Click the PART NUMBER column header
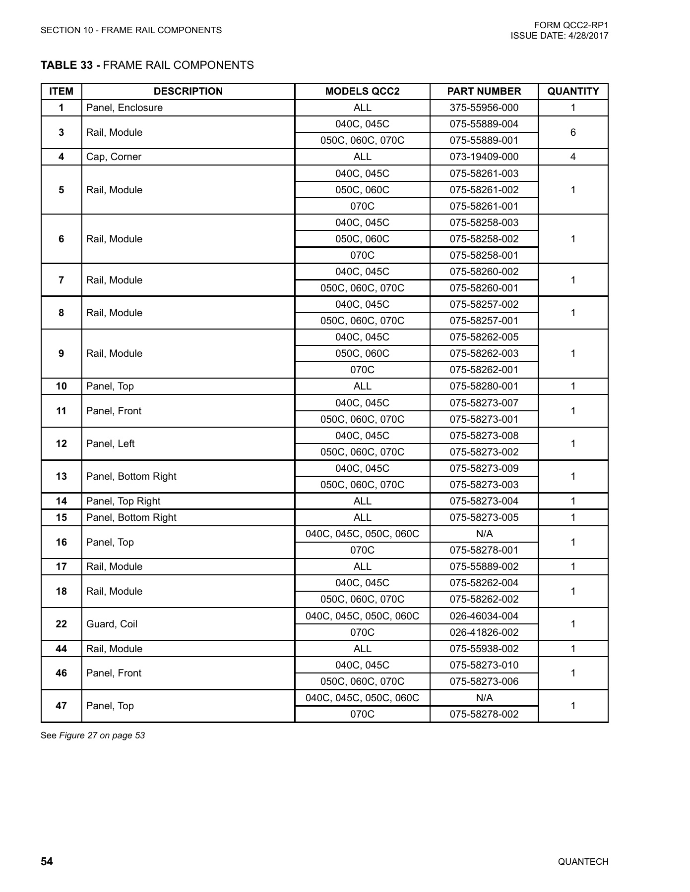[484, 91]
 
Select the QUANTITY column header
[573, 91]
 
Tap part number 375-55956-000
[484, 108]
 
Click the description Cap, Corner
[114, 157]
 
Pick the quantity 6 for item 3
[573, 132]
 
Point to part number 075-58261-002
[484, 190]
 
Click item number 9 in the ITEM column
[61, 353]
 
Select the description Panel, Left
[110, 444]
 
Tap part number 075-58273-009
[484, 468]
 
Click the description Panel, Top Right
[123, 501]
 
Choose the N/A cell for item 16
[484, 534]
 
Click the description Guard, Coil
[112, 624]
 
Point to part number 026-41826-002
[484, 632]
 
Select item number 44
[61, 649]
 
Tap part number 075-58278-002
[484, 714]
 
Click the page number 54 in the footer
[47, 862]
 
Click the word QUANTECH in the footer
[583, 862]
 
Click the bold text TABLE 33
[66, 65]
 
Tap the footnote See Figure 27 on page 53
[93, 735]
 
